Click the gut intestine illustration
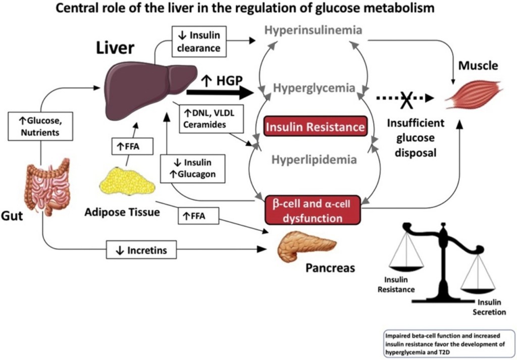coord(47,185)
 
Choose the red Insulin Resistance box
coord(315,126)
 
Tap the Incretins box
coord(141,249)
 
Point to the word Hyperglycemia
coord(315,88)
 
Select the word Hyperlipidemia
coord(315,160)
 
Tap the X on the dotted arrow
coord(406,99)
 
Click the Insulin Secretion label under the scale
coord(489,307)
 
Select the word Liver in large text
coord(115,48)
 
